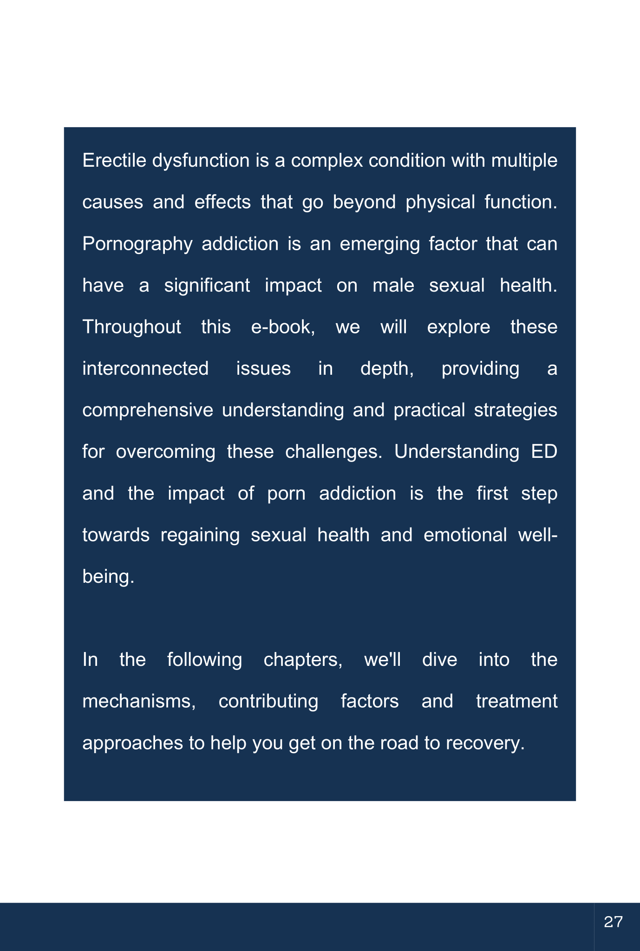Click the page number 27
pos(613,922)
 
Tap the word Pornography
pos(137,244)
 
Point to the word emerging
pos(380,244)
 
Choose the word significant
pos(207,286)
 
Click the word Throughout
pos(131,327)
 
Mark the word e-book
pos(282,327)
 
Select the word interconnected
pos(145,369)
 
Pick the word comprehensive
pos(148,410)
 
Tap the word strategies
pos(516,410)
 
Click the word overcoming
pos(165,452)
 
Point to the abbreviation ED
pos(544,452)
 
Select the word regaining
pos(200,535)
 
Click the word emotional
pos(465,535)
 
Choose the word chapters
pos(303,660)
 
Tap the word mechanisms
pos(139,701)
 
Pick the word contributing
pos(268,701)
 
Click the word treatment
pos(516,701)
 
